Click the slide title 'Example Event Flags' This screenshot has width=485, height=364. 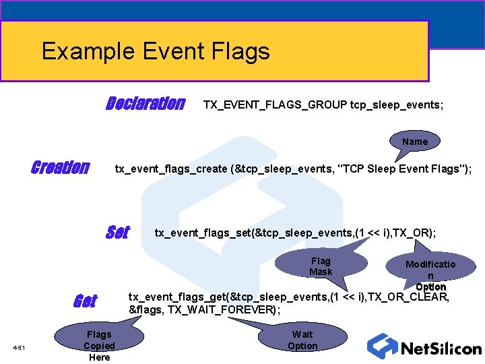(156, 51)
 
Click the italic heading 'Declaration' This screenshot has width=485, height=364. (145, 104)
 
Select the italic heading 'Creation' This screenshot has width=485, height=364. (60, 168)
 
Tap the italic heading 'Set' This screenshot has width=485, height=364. (117, 233)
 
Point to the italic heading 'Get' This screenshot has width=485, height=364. (84, 301)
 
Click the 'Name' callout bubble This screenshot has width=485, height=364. (415, 142)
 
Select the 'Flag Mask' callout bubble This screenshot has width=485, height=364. (321, 266)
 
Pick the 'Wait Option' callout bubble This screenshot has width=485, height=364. (302, 340)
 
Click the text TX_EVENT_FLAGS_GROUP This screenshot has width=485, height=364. (275, 104)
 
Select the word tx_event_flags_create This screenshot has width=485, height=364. (171, 169)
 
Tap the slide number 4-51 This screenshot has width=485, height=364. (18, 347)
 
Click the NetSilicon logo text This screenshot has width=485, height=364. (441, 348)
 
